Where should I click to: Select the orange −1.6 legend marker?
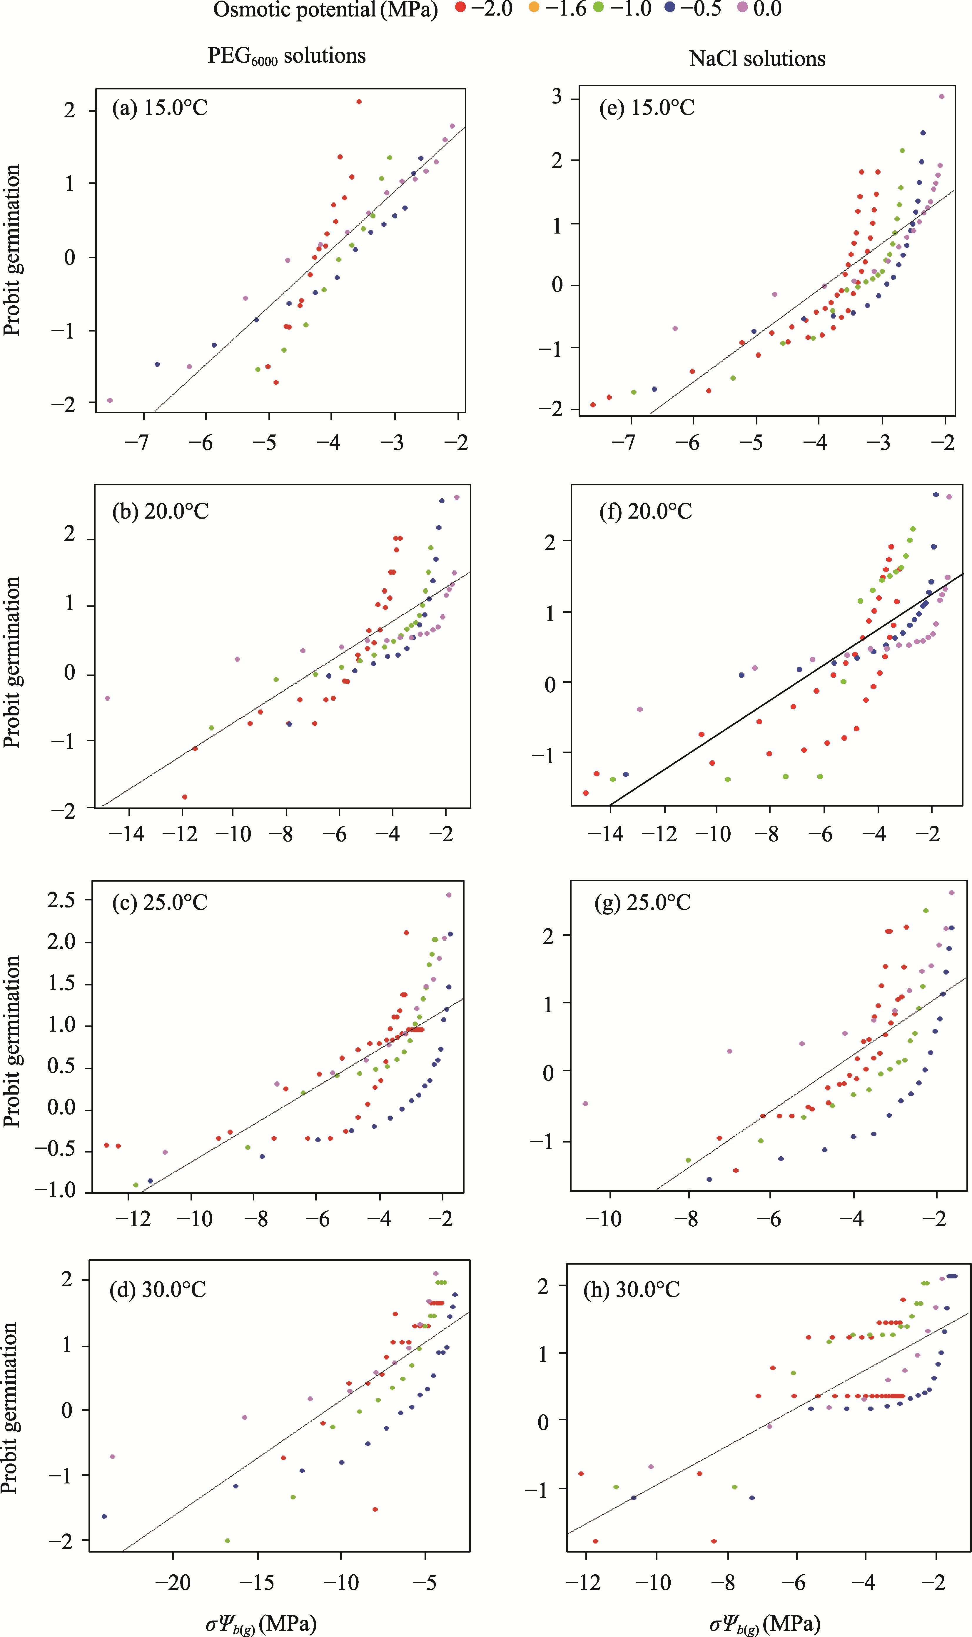(x=534, y=9)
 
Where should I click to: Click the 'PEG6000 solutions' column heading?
(x=286, y=56)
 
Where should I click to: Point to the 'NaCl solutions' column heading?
(x=757, y=59)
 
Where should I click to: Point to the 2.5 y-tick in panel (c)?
(x=61, y=900)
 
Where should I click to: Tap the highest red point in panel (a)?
(x=359, y=101)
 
